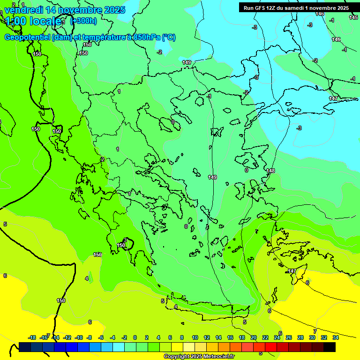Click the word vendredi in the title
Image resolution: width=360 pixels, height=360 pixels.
[23, 10]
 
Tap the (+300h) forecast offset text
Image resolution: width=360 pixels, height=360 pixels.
[83, 21]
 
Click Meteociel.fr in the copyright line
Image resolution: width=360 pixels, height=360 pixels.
[217, 357]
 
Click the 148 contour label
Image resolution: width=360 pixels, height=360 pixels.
[271, 171]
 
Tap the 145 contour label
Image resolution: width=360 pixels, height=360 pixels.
[353, 17]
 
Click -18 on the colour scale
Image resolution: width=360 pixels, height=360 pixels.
[32, 337]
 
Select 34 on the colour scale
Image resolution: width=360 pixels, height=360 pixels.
[336, 337]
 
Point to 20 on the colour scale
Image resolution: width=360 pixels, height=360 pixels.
[254, 337]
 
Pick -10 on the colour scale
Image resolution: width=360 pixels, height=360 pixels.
[79, 337]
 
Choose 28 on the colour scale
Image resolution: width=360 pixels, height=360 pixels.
[300, 337]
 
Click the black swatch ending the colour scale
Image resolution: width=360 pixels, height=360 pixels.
[330, 347]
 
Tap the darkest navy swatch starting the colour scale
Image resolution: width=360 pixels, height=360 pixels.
[25, 347]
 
